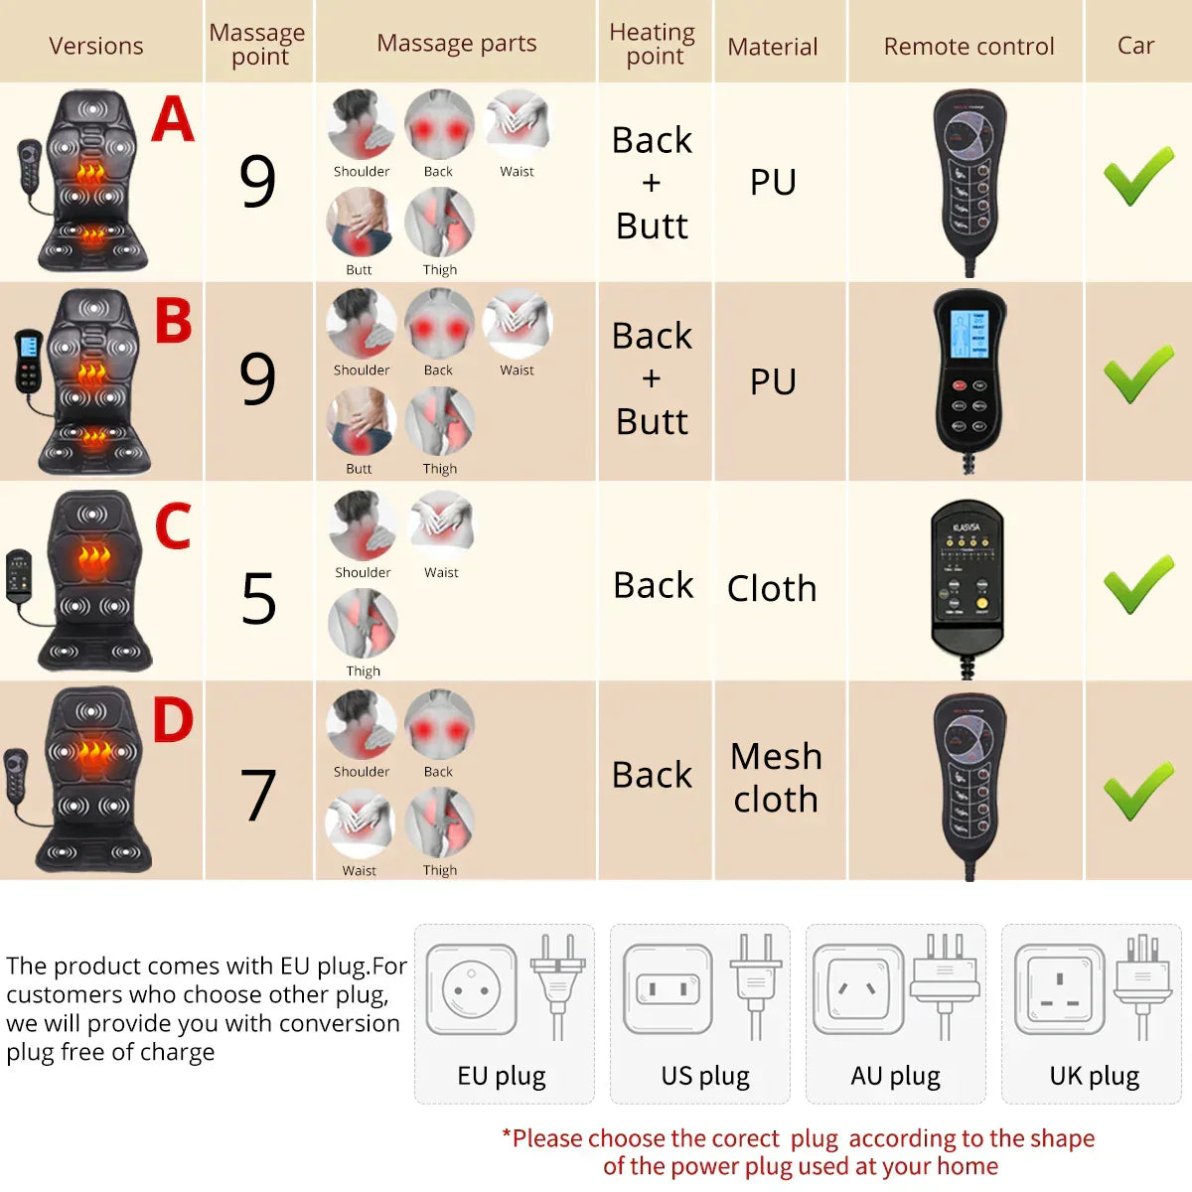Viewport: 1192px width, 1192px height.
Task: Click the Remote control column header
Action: pyautogui.click(x=968, y=47)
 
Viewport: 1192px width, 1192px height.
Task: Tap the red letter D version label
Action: pyautogui.click(x=173, y=721)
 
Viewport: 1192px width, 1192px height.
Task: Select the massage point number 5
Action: pyautogui.click(x=258, y=599)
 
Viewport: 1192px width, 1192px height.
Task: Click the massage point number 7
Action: pyautogui.click(x=258, y=796)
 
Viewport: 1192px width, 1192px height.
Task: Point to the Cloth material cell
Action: pyautogui.click(x=772, y=588)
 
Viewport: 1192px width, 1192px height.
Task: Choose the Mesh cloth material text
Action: pyautogui.click(x=776, y=778)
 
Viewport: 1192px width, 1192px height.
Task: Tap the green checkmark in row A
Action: pyautogui.click(x=1138, y=176)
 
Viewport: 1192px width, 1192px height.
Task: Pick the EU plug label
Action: pyautogui.click(x=502, y=1076)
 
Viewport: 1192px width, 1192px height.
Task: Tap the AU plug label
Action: pyautogui.click(x=895, y=1076)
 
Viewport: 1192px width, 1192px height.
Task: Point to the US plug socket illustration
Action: pyautogui.click(x=668, y=989)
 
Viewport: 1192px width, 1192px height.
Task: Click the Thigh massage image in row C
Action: pyautogui.click(x=364, y=624)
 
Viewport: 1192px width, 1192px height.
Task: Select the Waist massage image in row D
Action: pyautogui.click(x=360, y=822)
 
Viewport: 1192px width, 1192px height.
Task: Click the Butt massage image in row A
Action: pyautogui.click(x=360, y=223)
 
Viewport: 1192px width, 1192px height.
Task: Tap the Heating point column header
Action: pyautogui.click(x=653, y=44)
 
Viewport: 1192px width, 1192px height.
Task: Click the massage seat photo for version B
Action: pyautogui.click(x=94, y=382)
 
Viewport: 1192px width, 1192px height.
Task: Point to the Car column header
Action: pyautogui.click(x=1135, y=46)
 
